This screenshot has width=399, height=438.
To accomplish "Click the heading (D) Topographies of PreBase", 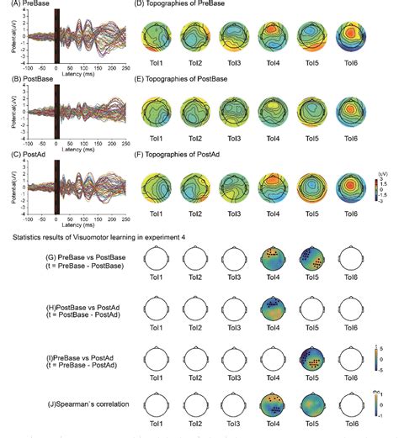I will (x=179, y=6).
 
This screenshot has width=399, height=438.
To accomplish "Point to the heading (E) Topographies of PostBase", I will (x=181, y=77).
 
